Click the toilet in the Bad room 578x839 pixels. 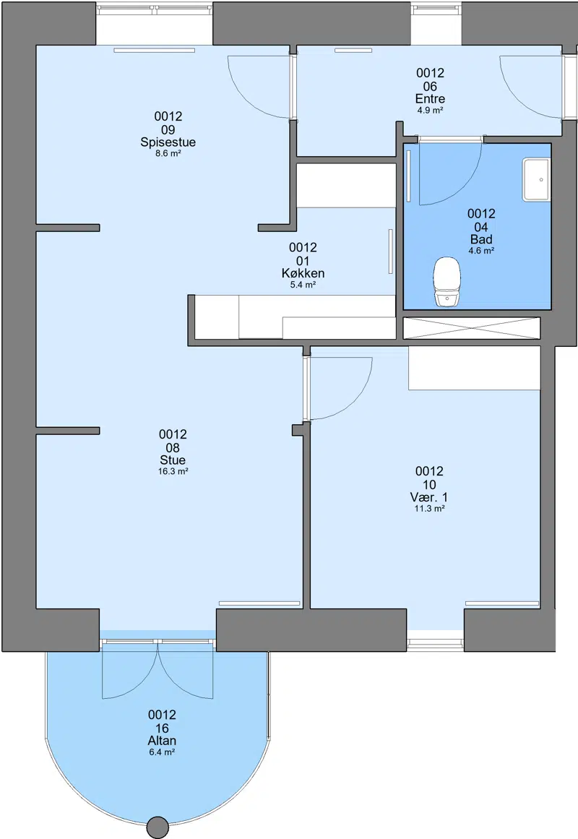(447, 282)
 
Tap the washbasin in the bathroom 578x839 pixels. (536, 180)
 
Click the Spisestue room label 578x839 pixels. (168, 142)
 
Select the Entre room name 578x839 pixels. (431, 99)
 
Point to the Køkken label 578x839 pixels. (303, 273)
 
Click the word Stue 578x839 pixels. (173, 460)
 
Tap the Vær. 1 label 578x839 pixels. (429, 497)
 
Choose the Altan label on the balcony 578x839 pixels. (162, 741)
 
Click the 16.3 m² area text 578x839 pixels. (173, 471)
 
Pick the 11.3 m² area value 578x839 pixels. (430, 508)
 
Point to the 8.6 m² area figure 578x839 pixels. (168, 154)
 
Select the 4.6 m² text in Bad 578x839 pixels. (481, 251)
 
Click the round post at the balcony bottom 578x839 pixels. (158, 827)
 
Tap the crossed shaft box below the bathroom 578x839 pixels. (472, 328)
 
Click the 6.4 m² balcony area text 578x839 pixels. (162, 752)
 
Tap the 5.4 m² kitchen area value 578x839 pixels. (303, 285)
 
